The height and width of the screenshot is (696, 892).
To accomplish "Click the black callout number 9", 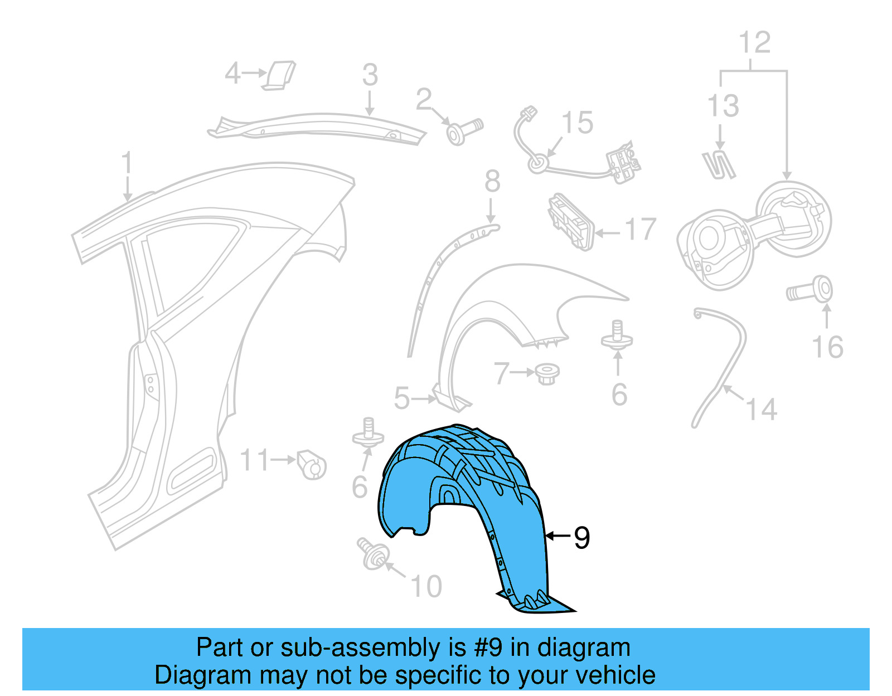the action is pyautogui.click(x=581, y=538).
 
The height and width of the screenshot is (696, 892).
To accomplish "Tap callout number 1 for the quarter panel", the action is pyautogui.click(x=127, y=163).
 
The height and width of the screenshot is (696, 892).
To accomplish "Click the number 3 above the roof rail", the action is pyautogui.click(x=370, y=75).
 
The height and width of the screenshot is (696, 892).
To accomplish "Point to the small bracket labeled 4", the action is pyautogui.click(x=279, y=75).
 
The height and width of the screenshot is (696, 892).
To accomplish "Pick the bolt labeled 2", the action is pyautogui.click(x=464, y=132).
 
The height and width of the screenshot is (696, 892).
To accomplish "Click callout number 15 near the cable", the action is pyautogui.click(x=577, y=123).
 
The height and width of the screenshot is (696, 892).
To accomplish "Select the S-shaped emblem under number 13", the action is pyautogui.click(x=719, y=165).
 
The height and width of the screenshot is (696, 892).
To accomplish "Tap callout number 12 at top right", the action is pyautogui.click(x=754, y=42).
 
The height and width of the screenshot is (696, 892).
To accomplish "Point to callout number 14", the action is pyautogui.click(x=761, y=410).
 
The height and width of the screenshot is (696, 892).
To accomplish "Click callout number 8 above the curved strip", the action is pyautogui.click(x=492, y=181).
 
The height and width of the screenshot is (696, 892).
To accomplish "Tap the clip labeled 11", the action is pyautogui.click(x=312, y=464).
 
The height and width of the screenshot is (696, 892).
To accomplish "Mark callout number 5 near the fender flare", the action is pyautogui.click(x=401, y=398).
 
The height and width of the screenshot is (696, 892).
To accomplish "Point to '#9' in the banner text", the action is pyautogui.click(x=488, y=648).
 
